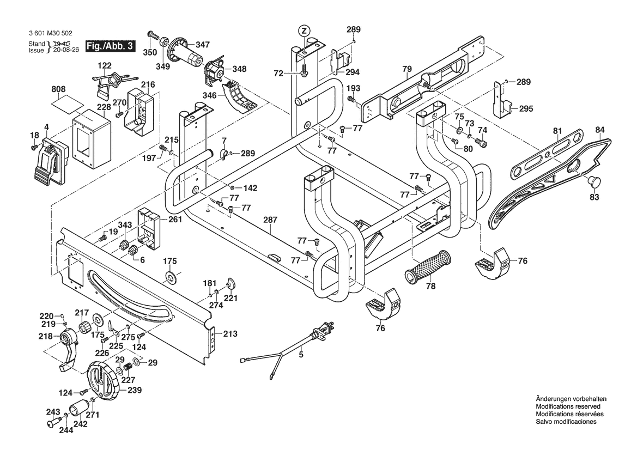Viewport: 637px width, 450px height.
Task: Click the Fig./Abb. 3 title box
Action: (111, 46)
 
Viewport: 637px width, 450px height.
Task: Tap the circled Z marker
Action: (304, 30)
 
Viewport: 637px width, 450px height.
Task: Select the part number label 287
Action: (271, 220)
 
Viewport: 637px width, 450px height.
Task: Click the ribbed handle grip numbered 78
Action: (428, 267)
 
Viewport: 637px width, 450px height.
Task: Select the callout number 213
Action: (230, 333)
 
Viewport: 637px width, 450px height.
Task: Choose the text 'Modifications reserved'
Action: (568, 406)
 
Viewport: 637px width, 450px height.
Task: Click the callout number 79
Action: (407, 69)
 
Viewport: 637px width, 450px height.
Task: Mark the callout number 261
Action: (175, 220)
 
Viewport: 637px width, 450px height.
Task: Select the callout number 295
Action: (526, 109)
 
